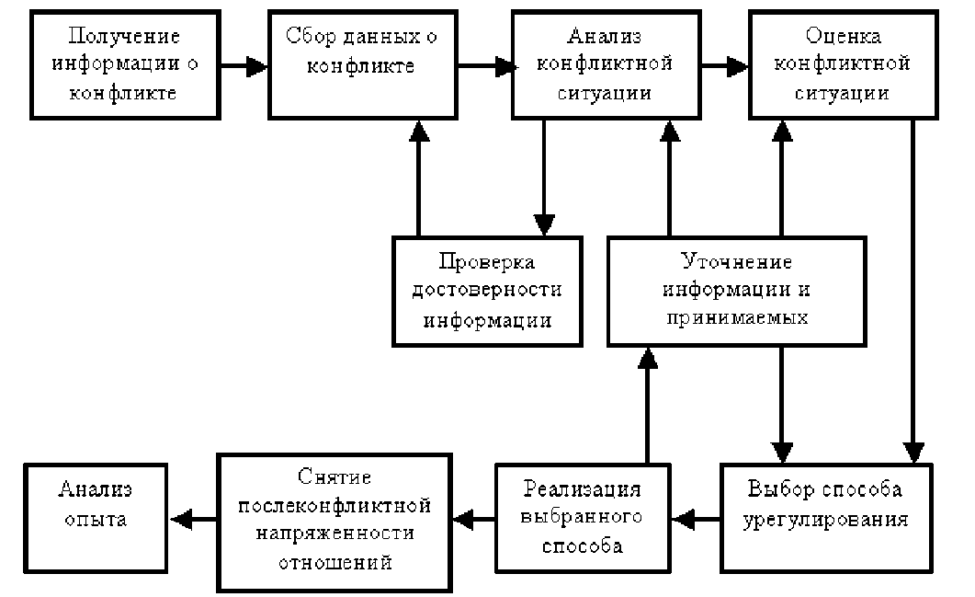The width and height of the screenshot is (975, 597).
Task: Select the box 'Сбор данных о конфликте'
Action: click(363, 65)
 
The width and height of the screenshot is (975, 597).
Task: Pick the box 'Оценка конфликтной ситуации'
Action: click(843, 65)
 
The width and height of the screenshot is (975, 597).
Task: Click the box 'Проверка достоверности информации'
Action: click(487, 291)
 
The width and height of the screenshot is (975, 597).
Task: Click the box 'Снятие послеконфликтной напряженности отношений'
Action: click(334, 521)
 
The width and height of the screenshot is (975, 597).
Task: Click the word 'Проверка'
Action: click(487, 261)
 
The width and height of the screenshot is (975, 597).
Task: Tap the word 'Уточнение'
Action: click(735, 261)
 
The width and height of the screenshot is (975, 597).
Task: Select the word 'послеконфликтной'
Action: click(334, 506)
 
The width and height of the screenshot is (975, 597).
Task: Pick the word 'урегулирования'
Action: click(824, 519)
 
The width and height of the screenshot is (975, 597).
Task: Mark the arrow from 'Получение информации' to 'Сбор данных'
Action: click(243, 65)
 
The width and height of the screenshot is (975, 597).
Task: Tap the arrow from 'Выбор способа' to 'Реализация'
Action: click(695, 520)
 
